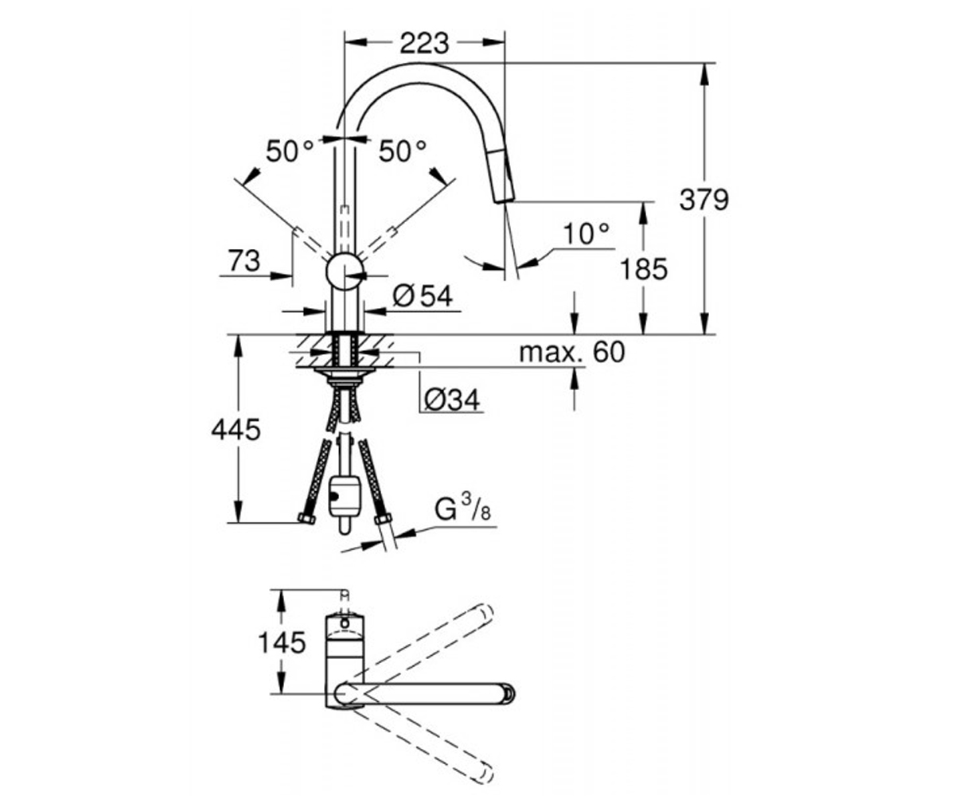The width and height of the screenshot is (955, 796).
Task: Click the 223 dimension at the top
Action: pos(424,44)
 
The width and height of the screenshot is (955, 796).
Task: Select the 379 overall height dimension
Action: pos(704,200)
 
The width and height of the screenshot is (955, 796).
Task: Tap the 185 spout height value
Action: pos(644,269)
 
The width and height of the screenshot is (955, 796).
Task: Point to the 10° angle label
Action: pos(586,233)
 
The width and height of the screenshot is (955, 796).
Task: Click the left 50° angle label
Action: pos(290,151)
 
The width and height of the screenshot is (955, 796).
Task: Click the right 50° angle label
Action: pos(403,151)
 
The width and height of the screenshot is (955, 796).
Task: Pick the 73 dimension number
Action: pos(244,261)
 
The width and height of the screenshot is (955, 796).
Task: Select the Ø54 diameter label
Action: pos(423,296)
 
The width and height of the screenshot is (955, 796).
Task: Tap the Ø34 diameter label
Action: pos(452,400)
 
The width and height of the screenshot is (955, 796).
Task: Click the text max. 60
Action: pos(572,353)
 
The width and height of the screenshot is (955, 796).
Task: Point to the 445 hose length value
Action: pos(236,430)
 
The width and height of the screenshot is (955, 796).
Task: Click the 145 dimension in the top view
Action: pos(282,642)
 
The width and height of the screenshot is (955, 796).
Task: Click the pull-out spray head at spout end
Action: pos(502,177)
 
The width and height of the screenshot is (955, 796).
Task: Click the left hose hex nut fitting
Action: pos(306,519)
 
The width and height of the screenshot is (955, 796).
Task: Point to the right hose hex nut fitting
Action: pos(384,519)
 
